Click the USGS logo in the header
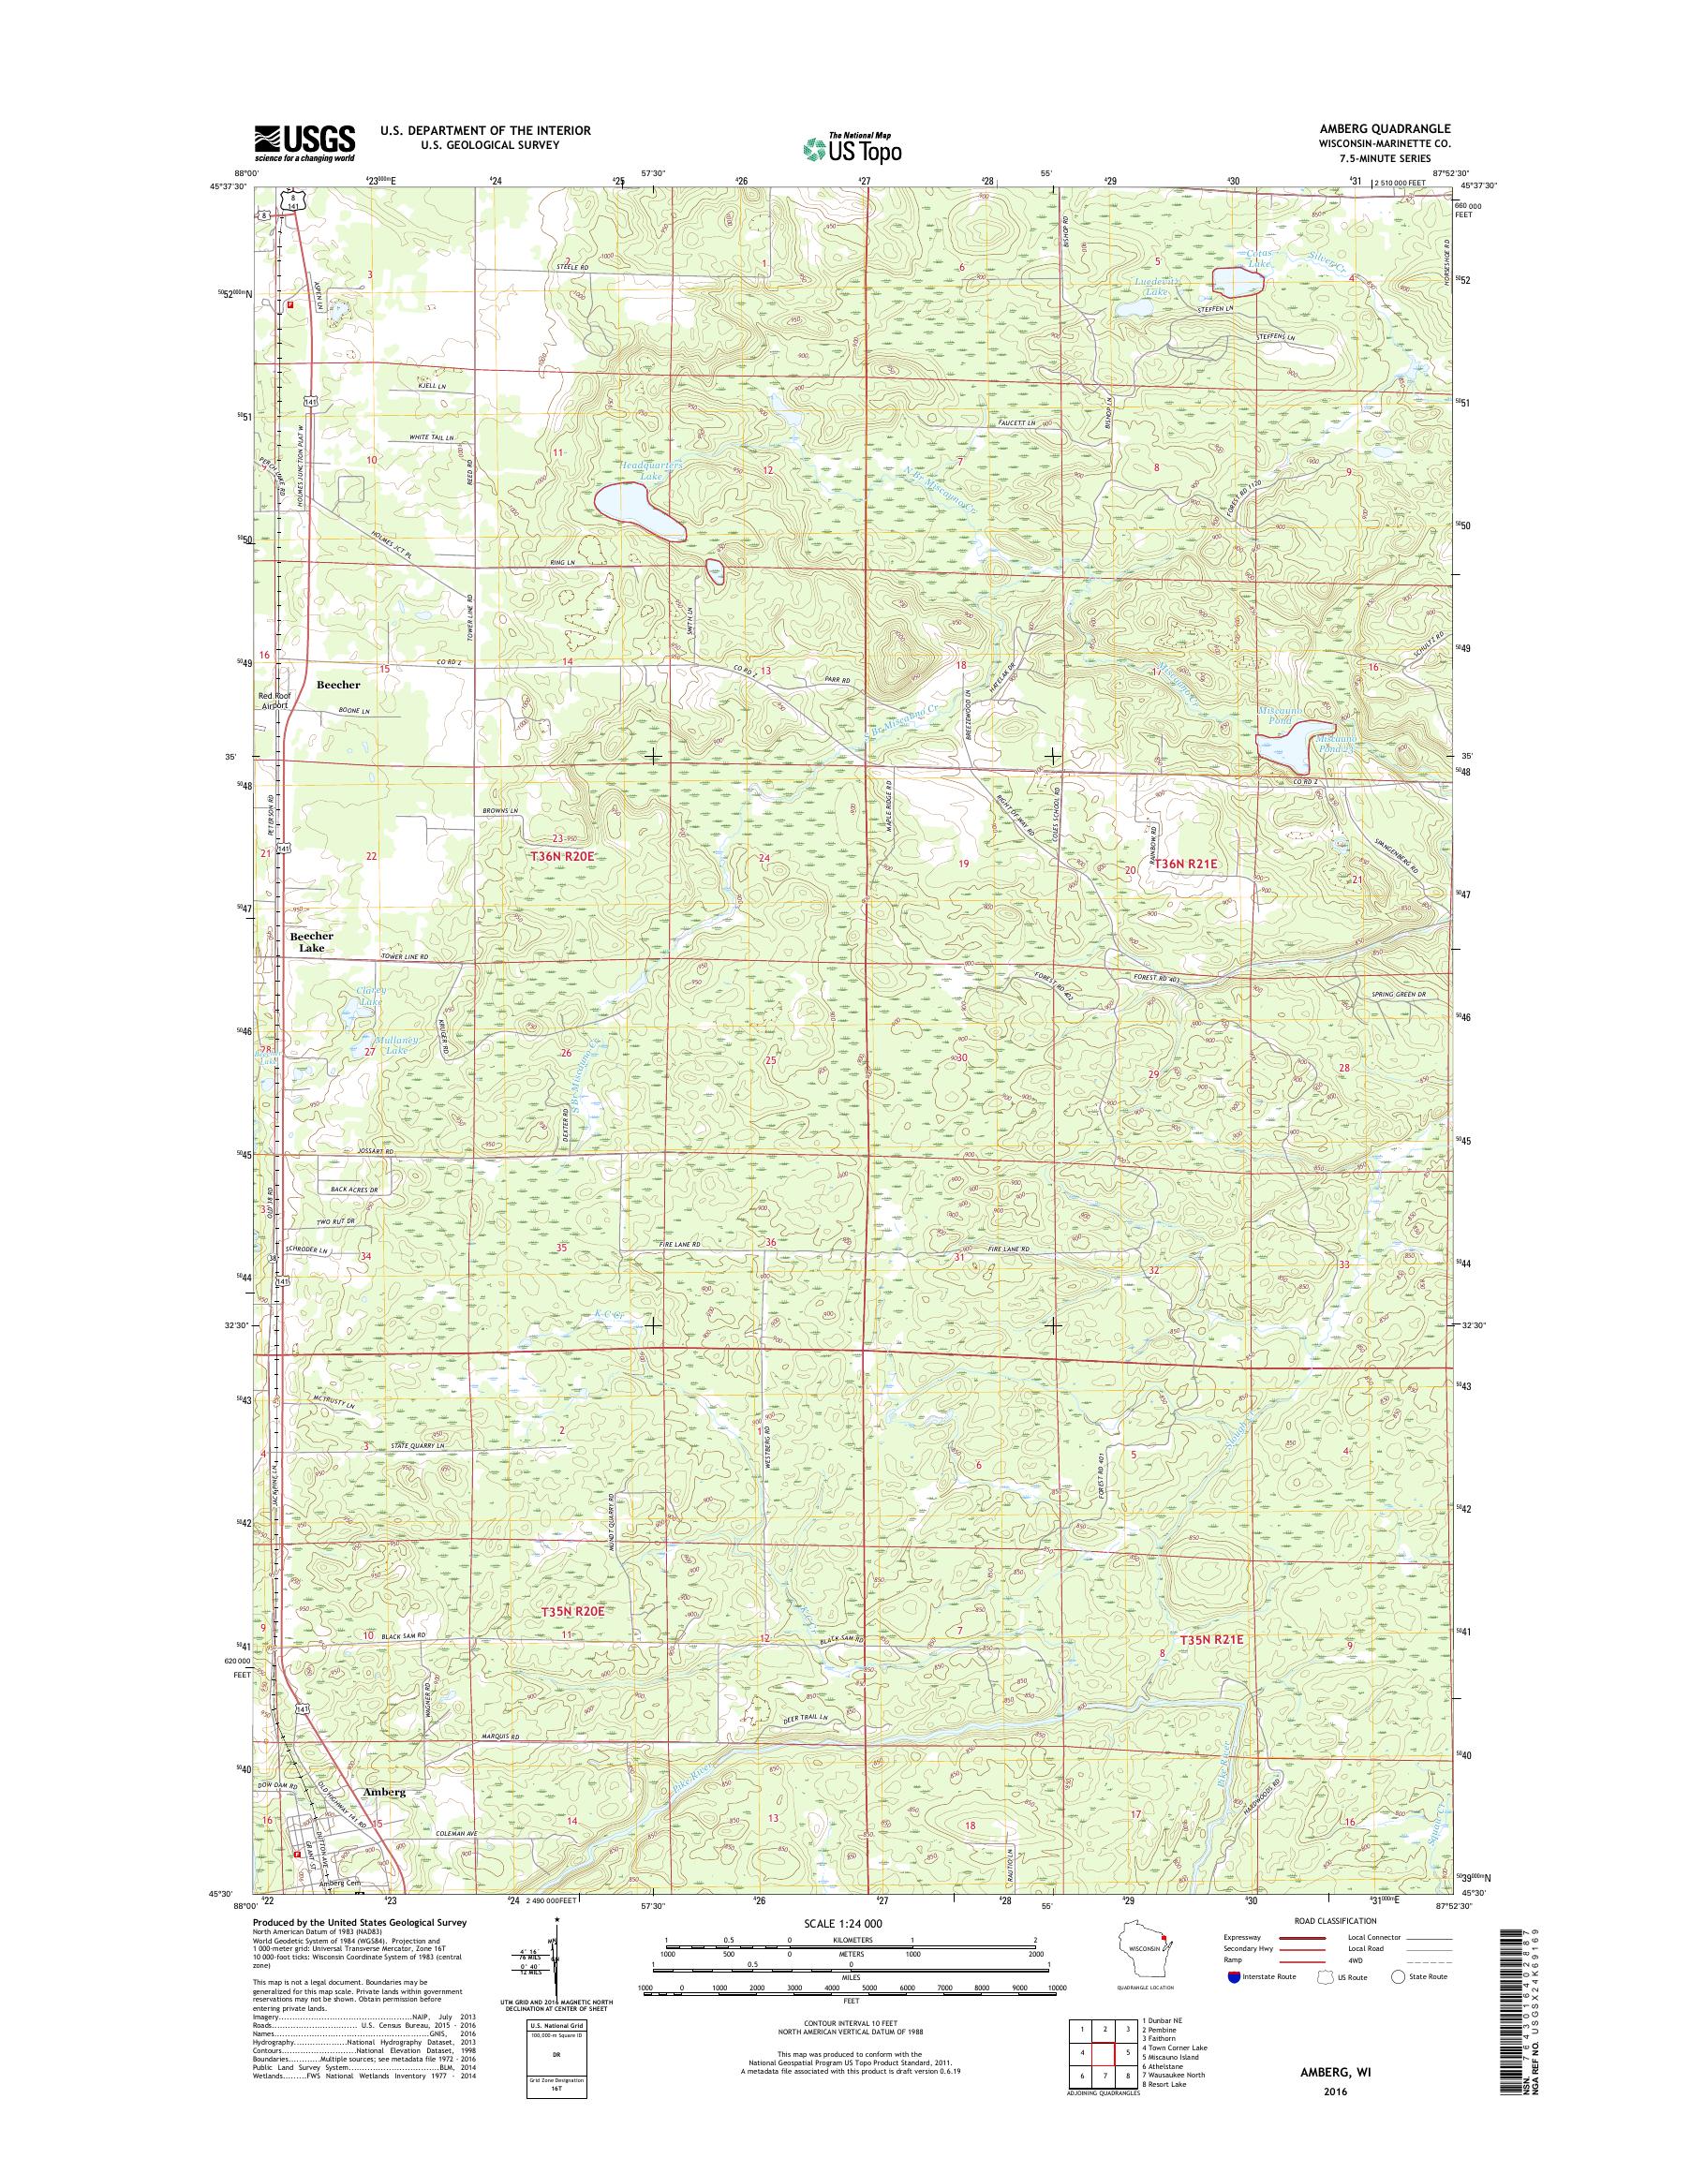(304, 143)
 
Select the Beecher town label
(338, 686)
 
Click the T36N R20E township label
(563, 856)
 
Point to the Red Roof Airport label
(274, 700)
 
